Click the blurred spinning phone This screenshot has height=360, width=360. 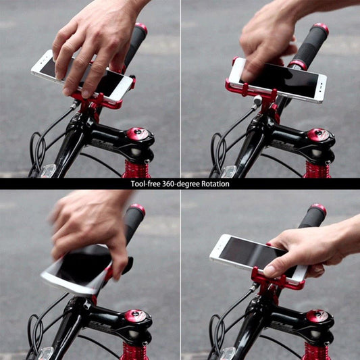[76, 269]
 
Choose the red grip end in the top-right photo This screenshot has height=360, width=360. [321, 28]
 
